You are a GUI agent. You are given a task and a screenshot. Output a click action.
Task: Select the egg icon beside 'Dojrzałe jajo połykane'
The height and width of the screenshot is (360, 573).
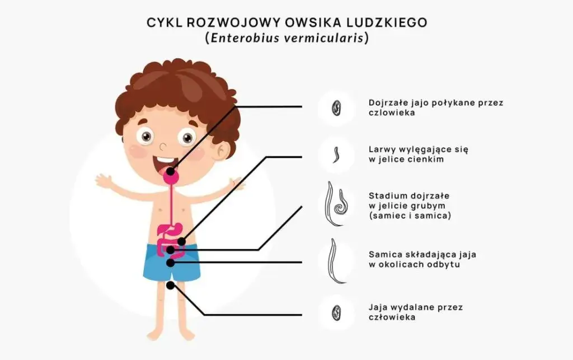click(x=336, y=107)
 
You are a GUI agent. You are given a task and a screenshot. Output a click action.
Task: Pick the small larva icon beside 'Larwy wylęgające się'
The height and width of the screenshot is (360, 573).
click(x=336, y=155)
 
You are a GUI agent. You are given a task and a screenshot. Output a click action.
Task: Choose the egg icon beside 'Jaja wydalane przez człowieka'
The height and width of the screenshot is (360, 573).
click(x=336, y=312)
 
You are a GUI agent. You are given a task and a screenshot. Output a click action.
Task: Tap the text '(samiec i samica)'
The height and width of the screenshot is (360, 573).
click(x=410, y=216)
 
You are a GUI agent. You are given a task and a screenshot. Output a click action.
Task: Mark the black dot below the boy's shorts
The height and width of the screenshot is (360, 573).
click(x=170, y=285)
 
